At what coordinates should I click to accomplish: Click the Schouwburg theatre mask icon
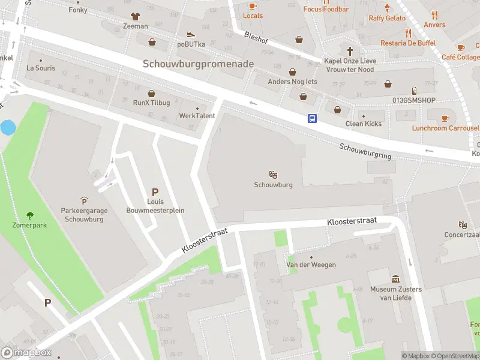click(x=273, y=175)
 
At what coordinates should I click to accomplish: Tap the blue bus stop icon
click(x=313, y=118)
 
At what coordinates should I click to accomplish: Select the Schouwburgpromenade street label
click(x=198, y=64)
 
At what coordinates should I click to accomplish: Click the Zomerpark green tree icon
click(x=30, y=215)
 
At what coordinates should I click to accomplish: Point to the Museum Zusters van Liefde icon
click(x=395, y=279)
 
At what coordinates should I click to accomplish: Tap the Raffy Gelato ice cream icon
click(x=387, y=8)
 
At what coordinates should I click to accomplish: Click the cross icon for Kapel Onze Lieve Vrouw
click(x=350, y=50)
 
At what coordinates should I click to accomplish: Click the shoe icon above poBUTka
click(x=191, y=34)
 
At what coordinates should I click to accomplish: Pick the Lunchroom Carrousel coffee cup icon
click(x=445, y=118)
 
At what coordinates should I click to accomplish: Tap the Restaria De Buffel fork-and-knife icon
click(x=408, y=34)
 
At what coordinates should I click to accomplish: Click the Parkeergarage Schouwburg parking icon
click(x=83, y=200)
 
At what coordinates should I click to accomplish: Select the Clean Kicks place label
click(x=363, y=124)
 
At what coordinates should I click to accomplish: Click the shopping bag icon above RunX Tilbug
click(x=151, y=93)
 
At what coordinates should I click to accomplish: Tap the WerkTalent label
click(x=197, y=116)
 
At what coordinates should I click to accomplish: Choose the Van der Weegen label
click(x=310, y=265)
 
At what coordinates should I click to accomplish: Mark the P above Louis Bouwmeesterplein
click(x=155, y=193)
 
